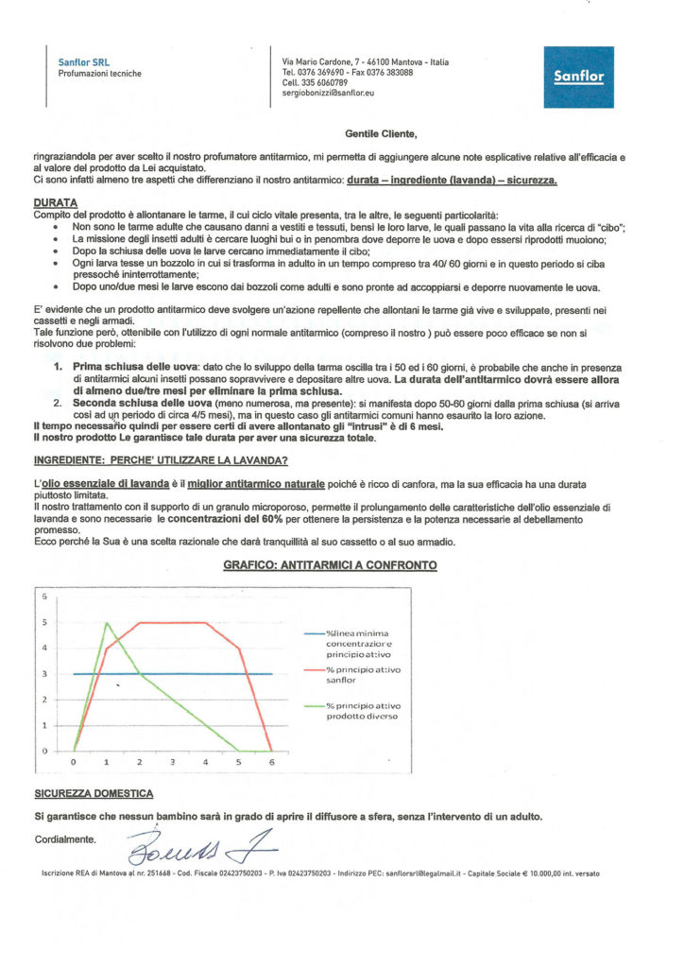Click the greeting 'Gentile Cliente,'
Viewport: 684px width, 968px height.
point(375,135)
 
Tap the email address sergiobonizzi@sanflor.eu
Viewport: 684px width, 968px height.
point(334,93)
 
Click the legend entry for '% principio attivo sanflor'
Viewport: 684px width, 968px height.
point(364,673)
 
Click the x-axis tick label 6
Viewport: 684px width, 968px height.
point(271,761)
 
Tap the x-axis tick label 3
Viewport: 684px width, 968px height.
point(172,761)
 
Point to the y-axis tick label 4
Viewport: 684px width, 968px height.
point(42,648)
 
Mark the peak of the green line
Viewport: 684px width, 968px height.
point(107,623)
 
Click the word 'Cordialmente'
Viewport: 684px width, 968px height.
point(64,838)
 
